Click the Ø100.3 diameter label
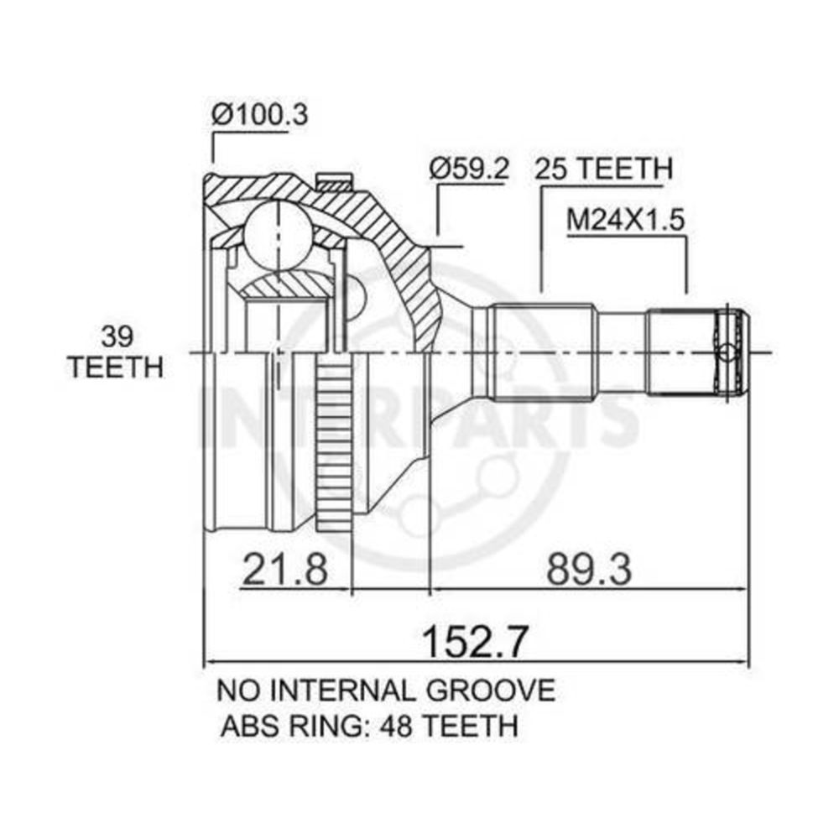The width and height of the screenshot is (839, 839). tap(259, 114)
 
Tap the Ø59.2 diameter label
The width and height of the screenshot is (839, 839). tap(469, 169)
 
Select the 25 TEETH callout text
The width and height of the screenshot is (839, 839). tap(603, 169)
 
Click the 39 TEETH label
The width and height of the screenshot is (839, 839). tap(116, 352)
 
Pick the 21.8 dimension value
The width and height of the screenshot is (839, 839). tap(284, 569)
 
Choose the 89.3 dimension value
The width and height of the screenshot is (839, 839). tap(589, 569)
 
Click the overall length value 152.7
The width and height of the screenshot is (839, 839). tap(475, 642)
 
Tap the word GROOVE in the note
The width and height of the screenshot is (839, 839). tap(490, 690)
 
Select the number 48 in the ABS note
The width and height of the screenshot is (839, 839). tap(395, 726)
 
